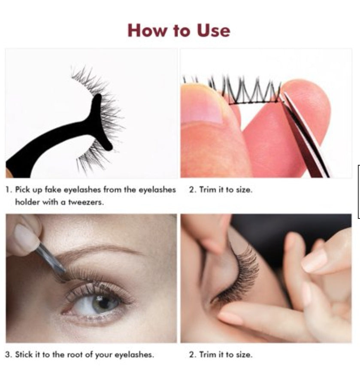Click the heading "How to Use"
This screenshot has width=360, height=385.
(x=178, y=31)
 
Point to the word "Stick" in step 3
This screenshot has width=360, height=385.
(x=24, y=355)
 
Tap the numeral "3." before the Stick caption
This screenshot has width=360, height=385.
(x=9, y=355)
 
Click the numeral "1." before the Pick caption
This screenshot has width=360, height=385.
(x=9, y=190)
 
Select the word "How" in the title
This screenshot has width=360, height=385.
(x=144, y=31)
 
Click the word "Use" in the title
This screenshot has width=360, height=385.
(x=213, y=31)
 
